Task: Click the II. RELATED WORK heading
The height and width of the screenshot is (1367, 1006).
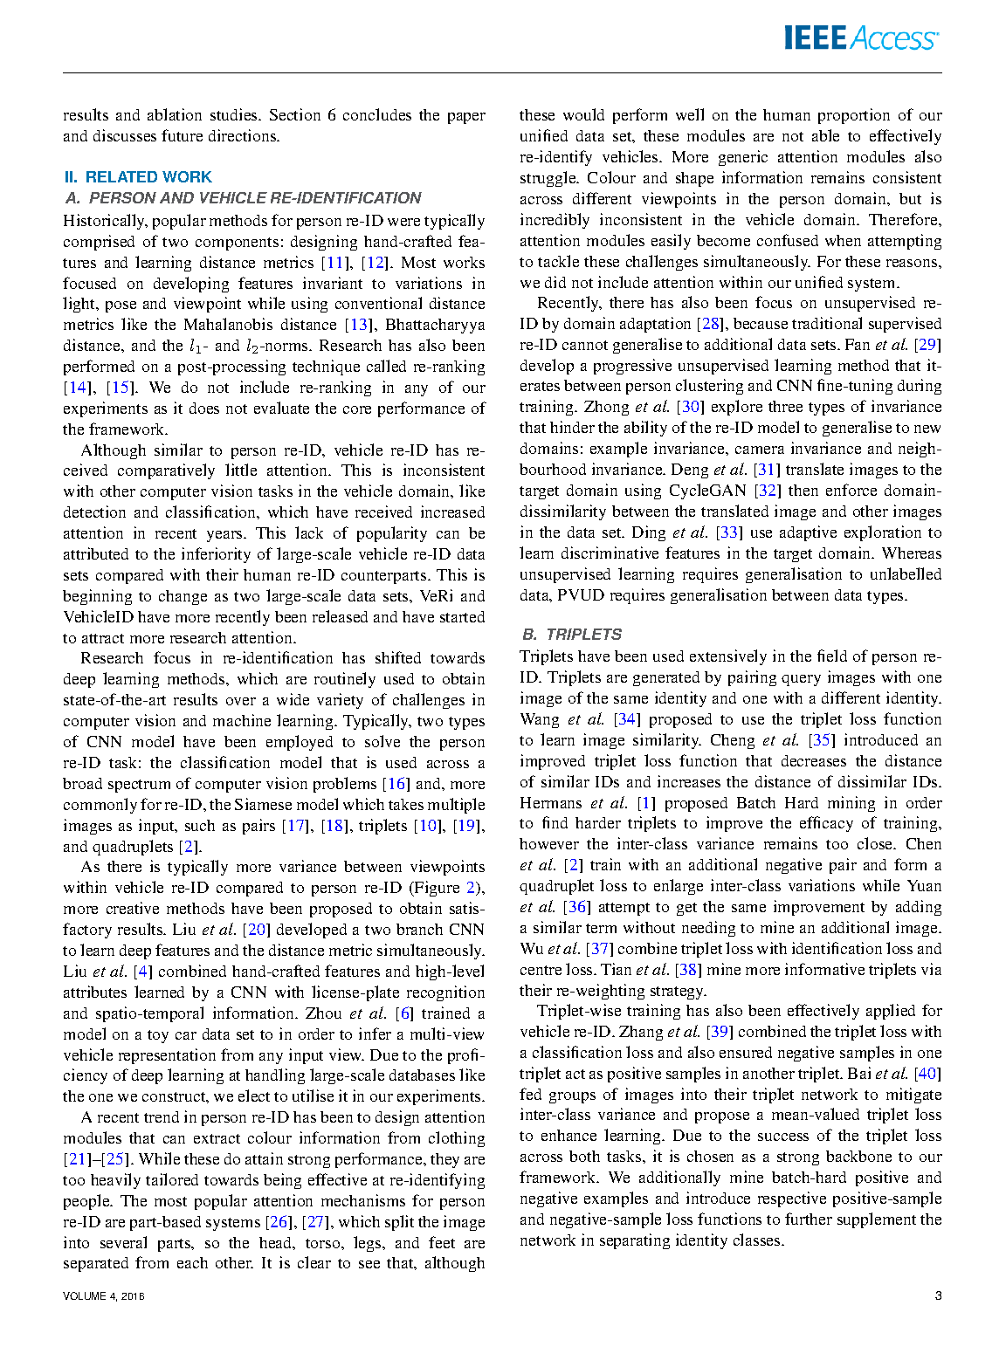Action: coord(138,177)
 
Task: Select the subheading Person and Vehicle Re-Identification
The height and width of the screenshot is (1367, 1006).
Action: coord(244,198)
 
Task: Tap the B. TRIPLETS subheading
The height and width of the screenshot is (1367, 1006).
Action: coord(572,635)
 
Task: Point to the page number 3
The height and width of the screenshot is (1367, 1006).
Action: coord(938,1295)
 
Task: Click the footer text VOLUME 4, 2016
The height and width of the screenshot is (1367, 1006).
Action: coord(104,1296)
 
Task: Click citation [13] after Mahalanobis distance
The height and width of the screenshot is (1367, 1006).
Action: coord(358,325)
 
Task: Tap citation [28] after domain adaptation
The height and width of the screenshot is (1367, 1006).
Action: coord(710,324)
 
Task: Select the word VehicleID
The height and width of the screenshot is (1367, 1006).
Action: coord(98,617)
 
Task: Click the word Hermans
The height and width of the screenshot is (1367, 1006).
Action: coord(550,803)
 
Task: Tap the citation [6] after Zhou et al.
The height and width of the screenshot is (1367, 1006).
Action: coord(403,1013)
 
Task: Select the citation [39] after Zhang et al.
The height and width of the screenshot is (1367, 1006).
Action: coord(719,1032)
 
